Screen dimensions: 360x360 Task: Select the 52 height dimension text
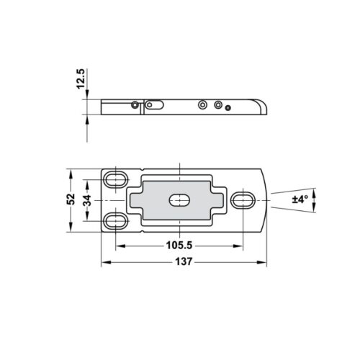pos(71,199)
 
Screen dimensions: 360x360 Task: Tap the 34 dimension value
pos(86,199)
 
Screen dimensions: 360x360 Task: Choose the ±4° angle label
pos(300,199)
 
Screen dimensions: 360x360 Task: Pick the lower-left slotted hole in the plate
pos(115,220)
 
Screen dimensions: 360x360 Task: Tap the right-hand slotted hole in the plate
pos(244,199)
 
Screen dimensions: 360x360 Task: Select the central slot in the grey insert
pos(177,199)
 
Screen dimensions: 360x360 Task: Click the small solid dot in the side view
pos(228,108)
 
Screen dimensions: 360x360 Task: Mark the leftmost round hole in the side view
pos(135,104)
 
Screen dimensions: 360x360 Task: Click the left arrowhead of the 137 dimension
pos(104,261)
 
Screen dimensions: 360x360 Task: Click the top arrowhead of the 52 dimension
pos(71,173)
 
